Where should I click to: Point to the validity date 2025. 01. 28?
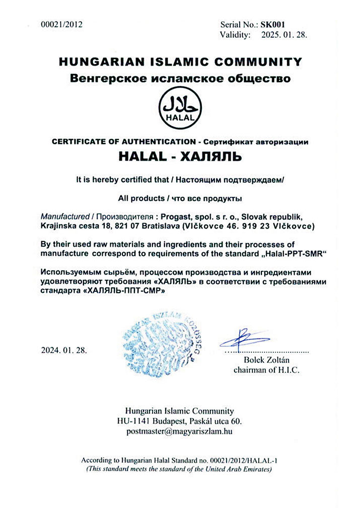pos(283,35)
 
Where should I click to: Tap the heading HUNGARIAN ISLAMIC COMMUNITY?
pos(180,62)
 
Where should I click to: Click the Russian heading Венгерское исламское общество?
pos(180,79)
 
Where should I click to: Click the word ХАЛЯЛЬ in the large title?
pos(214,157)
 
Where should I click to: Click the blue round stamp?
pos(161,340)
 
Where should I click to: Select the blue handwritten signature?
pos(243,337)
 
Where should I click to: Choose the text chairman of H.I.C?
pos(267,370)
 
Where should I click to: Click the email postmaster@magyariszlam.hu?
pos(180,431)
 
